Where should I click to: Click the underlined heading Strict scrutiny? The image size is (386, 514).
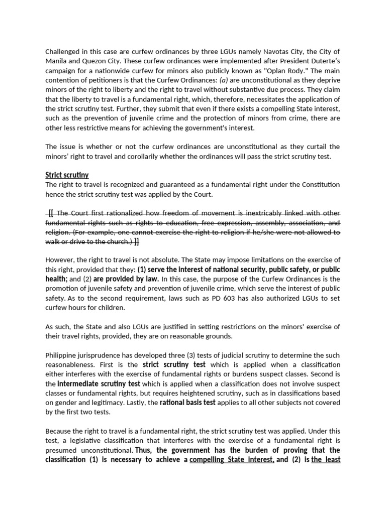(x=67, y=175)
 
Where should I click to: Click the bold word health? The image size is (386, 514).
(x=56, y=279)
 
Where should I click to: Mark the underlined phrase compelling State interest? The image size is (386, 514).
(x=232, y=459)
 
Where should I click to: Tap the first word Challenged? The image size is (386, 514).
(x=64, y=52)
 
